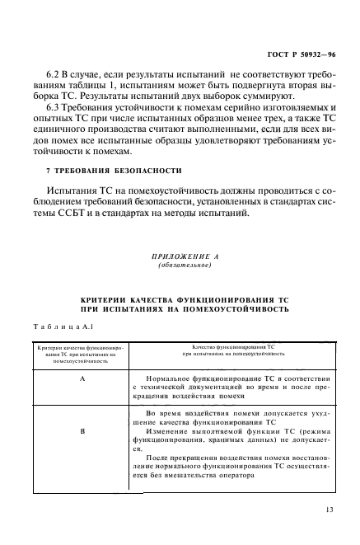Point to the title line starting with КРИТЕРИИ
pyautogui.click(x=180, y=303)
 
